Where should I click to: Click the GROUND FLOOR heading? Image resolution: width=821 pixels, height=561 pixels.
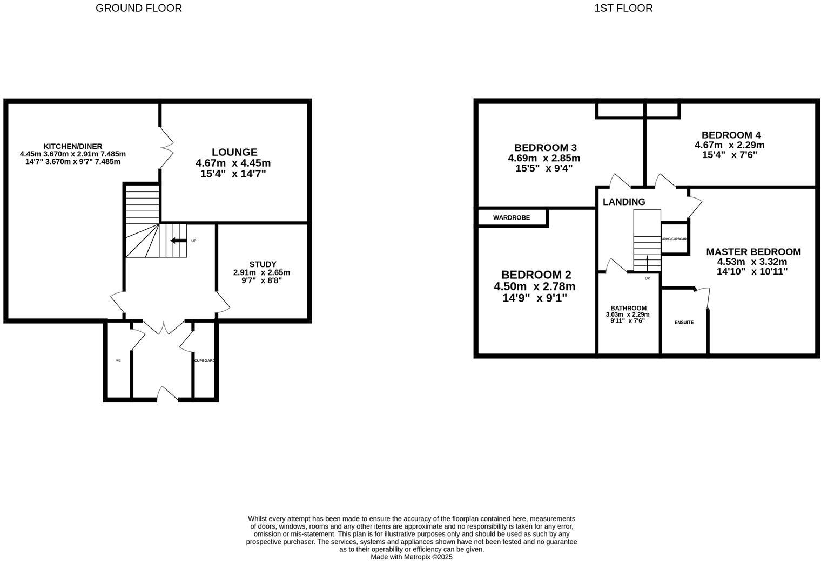coord(139,8)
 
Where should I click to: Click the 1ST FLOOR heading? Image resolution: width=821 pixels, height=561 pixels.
coord(623,8)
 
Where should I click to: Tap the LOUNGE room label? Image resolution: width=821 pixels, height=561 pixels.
coord(234,153)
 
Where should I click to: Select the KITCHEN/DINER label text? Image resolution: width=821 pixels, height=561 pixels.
coord(73,146)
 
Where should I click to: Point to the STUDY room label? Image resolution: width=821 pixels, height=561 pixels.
coord(263,264)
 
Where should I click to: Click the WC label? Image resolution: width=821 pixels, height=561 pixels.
coord(118,361)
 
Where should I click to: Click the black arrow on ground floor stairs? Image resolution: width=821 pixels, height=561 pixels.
coord(178,241)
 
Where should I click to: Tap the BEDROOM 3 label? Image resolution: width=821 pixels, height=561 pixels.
coord(545,148)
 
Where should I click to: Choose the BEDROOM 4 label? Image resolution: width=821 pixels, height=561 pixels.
coord(730,135)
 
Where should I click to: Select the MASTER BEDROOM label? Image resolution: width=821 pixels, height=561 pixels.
coord(753,252)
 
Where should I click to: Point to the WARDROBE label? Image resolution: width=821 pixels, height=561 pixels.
coord(511,217)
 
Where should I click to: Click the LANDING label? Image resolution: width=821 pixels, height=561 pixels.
coord(624,202)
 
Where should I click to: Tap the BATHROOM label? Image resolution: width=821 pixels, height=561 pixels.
coord(628,308)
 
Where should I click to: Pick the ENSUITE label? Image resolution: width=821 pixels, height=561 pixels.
coord(684,323)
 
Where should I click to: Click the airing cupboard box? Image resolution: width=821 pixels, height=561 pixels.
coord(675,238)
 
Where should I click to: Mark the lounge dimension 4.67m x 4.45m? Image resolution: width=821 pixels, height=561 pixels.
coord(233,163)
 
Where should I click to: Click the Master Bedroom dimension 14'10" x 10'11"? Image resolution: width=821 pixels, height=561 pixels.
coord(752,272)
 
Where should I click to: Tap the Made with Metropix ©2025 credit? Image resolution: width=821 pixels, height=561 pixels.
coord(411,557)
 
